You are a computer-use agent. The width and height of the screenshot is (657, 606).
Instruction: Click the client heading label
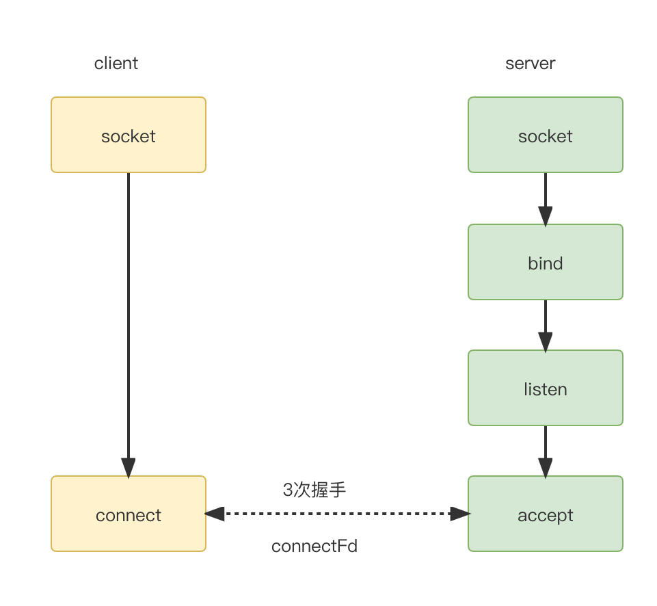pyautogui.click(x=116, y=64)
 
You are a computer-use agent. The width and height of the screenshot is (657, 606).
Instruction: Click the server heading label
pyautogui.click(x=530, y=64)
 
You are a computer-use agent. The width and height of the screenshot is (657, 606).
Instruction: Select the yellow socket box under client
pyautogui.click(x=129, y=135)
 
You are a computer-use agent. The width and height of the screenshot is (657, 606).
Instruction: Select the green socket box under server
pyautogui.click(x=546, y=135)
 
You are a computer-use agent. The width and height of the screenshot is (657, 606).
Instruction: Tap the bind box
pyautogui.click(x=546, y=262)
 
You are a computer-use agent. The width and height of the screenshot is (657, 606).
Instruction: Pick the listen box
pyautogui.click(x=546, y=388)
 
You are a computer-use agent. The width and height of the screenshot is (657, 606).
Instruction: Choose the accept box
pyautogui.click(x=546, y=514)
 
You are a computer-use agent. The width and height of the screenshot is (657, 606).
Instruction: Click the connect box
pyautogui.click(x=129, y=514)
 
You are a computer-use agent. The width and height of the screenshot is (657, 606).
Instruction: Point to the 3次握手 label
pyautogui.click(x=314, y=490)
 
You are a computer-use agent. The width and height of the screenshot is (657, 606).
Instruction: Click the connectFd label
pyautogui.click(x=314, y=546)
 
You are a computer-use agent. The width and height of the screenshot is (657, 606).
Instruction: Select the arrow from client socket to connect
pyautogui.click(x=129, y=325)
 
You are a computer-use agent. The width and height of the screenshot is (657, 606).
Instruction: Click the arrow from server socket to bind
pyautogui.click(x=545, y=200)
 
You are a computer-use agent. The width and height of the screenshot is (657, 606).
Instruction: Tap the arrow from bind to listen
pyautogui.click(x=545, y=326)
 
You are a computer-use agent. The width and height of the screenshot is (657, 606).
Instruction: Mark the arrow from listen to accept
pyautogui.click(x=545, y=452)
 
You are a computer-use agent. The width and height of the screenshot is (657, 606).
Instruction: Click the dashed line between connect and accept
pyautogui.click(x=337, y=514)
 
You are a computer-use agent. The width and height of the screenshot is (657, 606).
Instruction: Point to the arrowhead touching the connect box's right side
pyautogui.click(x=215, y=514)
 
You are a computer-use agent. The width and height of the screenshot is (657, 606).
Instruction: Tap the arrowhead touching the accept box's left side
pyautogui.click(x=460, y=514)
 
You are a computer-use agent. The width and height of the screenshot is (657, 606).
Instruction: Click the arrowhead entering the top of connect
pyautogui.click(x=129, y=468)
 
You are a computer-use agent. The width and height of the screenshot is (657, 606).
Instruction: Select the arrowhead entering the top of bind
pyautogui.click(x=545, y=217)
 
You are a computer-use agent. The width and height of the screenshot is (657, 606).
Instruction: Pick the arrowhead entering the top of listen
pyautogui.click(x=545, y=343)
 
